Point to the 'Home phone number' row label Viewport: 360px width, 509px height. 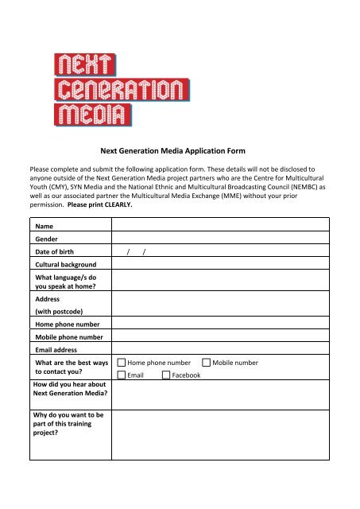point(68,324)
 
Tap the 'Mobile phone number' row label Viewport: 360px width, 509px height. point(70,337)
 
